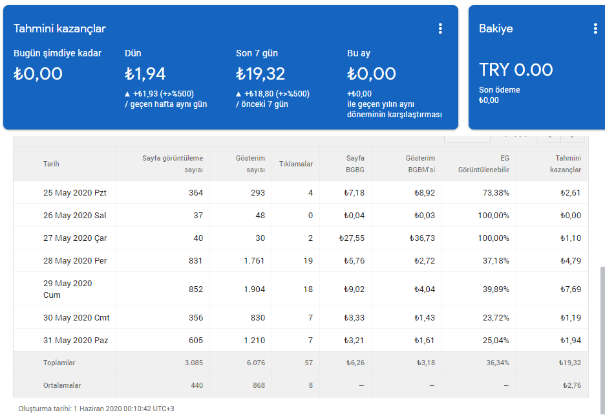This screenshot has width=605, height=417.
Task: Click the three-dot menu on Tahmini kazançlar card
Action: pyautogui.click(x=440, y=28)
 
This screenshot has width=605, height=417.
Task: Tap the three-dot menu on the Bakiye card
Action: pyautogui.click(x=595, y=28)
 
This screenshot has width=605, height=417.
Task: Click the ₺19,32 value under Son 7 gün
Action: pyautogui.click(x=260, y=74)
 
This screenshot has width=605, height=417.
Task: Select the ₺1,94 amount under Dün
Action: pyautogui.click(x=145, y=74)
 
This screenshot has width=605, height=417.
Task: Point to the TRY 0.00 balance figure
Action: pyautogui.click(x=516, y=70)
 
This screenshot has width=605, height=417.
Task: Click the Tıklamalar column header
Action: pyautogui.click(x=296, y=164)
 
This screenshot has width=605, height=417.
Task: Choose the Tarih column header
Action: pyautogui.click(x=51, y=164)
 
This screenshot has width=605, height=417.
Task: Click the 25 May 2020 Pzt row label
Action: pyautogui.click(x=75, y=193)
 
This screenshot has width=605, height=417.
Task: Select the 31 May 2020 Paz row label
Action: pyautogui.click(x=76, y=341)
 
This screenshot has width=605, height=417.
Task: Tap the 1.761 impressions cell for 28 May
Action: pyautogui.click(x=254, y=261)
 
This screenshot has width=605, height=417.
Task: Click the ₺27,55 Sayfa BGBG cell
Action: pyautogui.click(x=352, y=238)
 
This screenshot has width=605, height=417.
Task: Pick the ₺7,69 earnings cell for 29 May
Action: pyautogui.click(x=571, y=289)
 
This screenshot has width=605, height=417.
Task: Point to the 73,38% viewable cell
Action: pyautogui.click(x=496, y=193)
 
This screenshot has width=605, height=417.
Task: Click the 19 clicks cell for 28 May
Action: pyautogui.click(x=308, y=261)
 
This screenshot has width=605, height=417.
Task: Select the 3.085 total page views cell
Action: pyautogui.click(x=194, y=363)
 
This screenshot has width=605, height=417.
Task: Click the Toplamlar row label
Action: pyautogui.click(x=59, y=363)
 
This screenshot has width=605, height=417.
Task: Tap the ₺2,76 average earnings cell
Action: pyautogui.click(x=572, y=385)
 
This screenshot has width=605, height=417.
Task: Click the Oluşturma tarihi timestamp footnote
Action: pyautogui.click(x=96, y=409)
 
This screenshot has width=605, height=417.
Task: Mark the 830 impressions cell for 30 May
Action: pyautogui.click(x=258, y=318)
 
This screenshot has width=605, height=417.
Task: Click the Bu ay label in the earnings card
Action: pyautogui.click(x=359, y=53)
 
